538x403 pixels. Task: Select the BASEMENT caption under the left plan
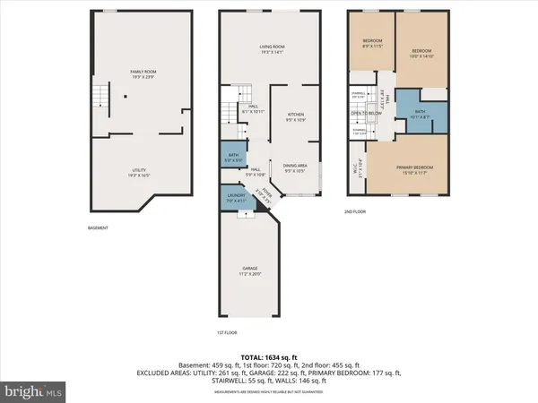[x=98, y=227]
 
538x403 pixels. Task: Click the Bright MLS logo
[x=32, y=390]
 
